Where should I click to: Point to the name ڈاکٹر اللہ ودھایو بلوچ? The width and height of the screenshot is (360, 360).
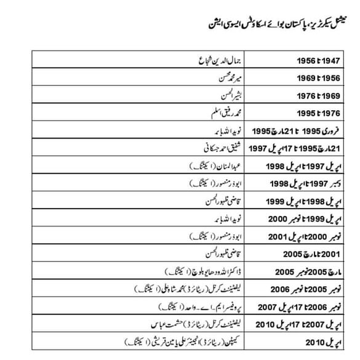tap(201, 270)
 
